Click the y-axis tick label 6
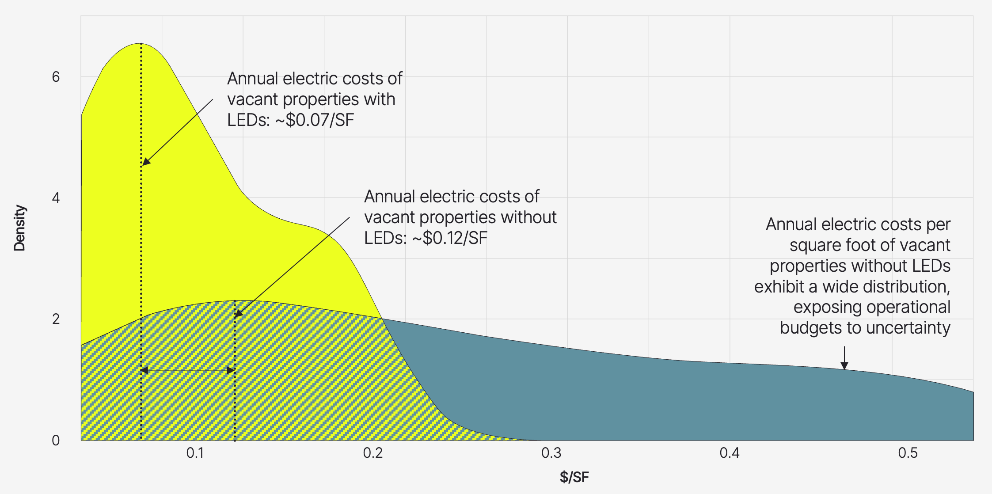56,77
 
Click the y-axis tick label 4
56,198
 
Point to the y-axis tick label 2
56,319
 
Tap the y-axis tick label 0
56,440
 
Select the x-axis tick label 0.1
195,453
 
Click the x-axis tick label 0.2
373,453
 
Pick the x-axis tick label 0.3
551,453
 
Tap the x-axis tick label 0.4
729,453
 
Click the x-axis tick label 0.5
908,453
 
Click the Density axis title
19,228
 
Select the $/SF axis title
574,477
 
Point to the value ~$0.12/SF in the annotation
450,238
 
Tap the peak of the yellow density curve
141,43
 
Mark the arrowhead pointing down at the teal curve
844,366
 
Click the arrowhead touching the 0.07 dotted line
145,162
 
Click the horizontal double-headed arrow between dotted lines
188,370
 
